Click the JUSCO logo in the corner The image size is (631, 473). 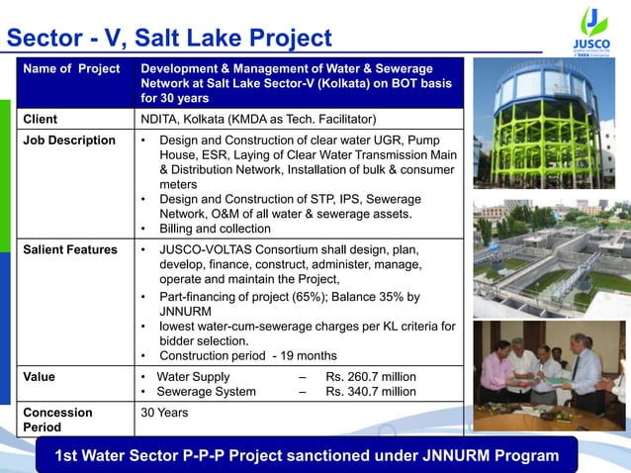tap(591, 30)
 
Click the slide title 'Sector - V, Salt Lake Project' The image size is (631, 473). tap(169, 38)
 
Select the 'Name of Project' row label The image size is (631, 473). tap(72, 68)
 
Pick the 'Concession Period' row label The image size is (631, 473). tap(58, 420)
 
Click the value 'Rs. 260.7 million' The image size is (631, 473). tap(371, 377)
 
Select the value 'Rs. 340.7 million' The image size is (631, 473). tap(371, 392)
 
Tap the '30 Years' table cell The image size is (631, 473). tap(165, 412)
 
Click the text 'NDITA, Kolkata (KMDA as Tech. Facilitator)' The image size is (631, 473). tap(259, 120)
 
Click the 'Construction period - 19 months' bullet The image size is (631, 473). tap(247, 355)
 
